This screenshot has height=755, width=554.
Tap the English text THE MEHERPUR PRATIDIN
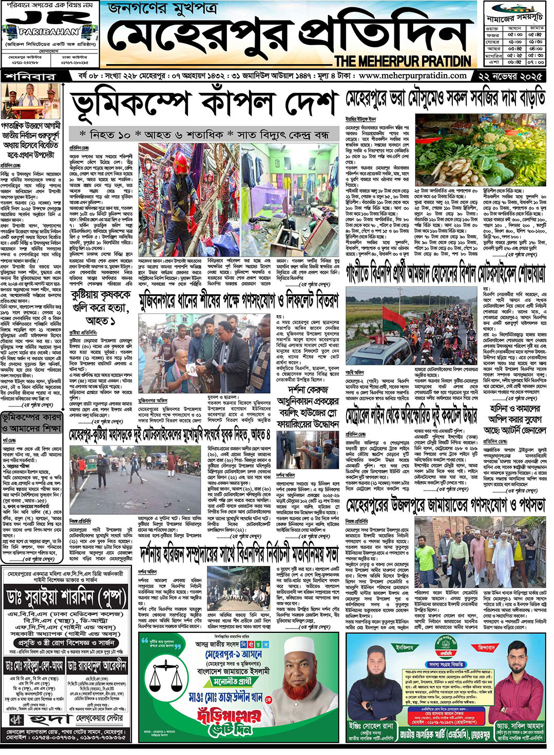click(403, 61)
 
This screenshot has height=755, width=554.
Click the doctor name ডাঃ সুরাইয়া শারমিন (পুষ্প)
click(67, 597)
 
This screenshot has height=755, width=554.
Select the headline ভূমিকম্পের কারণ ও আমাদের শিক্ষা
click(33, 423)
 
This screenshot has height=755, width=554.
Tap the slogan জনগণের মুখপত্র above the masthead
click(162, 9)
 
